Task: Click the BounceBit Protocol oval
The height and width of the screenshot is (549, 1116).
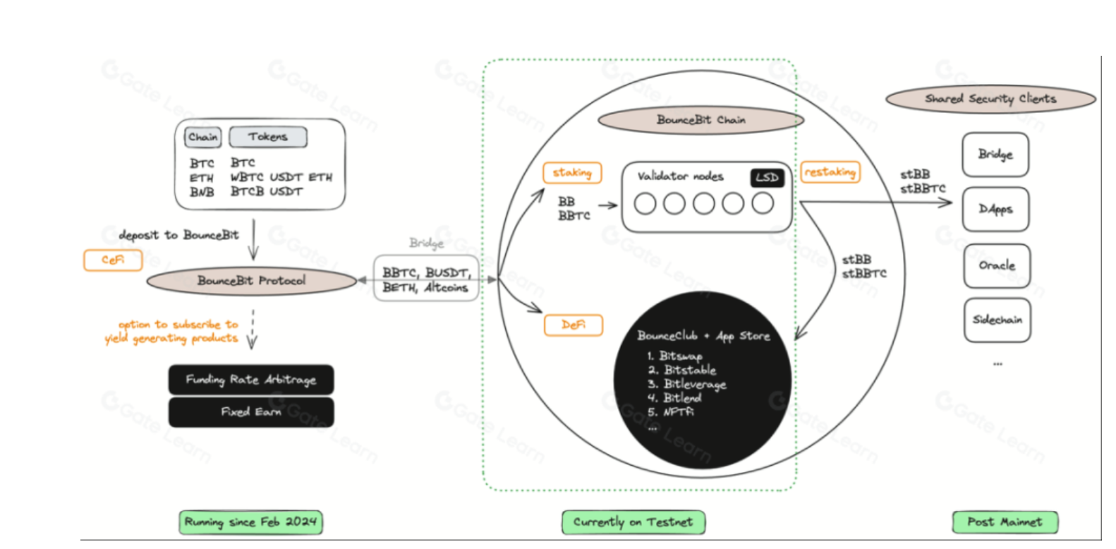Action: [x=251, y=281]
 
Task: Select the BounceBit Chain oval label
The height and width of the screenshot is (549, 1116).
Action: [x=700, y=120]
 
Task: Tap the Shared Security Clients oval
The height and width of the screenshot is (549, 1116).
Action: [x=990, y=99]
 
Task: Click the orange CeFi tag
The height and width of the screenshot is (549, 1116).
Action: [x=113, y=260]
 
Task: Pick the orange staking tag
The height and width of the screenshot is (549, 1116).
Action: [x=572, y=173]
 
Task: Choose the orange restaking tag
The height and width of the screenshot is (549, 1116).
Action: [x=830, y=172]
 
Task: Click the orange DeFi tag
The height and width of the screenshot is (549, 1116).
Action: [x=574, y=325]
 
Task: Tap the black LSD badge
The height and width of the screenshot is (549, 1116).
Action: [x=767, y=178]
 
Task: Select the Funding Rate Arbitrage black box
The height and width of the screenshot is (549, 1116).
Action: [x=251, y=380]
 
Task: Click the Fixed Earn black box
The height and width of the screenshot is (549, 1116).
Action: [x=251, y=412]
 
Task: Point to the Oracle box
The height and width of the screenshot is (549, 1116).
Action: [x=997, y=266]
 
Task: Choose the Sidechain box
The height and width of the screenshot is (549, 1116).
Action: [x=997, y=320]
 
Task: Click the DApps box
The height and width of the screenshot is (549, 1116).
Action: [x=995, y=210]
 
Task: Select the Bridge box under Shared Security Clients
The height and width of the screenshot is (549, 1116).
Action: [x=995, y=155]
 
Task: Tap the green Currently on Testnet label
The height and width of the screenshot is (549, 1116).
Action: [x=633, y=522]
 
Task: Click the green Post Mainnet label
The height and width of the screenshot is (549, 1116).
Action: [x=1005, y=522]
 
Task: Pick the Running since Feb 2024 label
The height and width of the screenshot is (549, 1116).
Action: [x=250, y=522]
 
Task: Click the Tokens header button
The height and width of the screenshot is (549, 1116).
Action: [x=268, y=137]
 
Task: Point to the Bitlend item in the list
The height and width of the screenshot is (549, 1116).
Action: [x=681, y=398]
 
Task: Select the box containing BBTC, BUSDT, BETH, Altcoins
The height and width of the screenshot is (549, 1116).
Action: [x=425, y=279]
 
